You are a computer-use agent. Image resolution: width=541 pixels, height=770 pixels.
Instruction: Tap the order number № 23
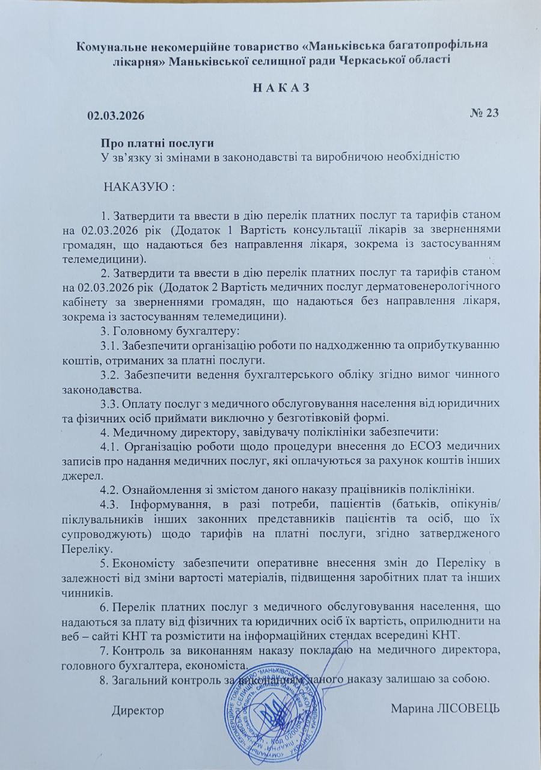pyautogui.click(x=484, y=113)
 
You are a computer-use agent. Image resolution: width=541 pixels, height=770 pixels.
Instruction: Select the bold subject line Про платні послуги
pyautogui.click(x=157, y=144)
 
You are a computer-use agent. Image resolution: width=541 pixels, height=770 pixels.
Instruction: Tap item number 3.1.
pyautogui.click(x=110, y=345)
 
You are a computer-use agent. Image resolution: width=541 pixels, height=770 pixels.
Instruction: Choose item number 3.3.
pyautogui.click(x=110, y=402)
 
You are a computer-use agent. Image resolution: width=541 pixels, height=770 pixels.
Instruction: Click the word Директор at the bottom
pyautogui.click(x=138, y=710)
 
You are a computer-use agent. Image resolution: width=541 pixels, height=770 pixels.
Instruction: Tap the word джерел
pyautogui.click(x=81, y=474)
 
